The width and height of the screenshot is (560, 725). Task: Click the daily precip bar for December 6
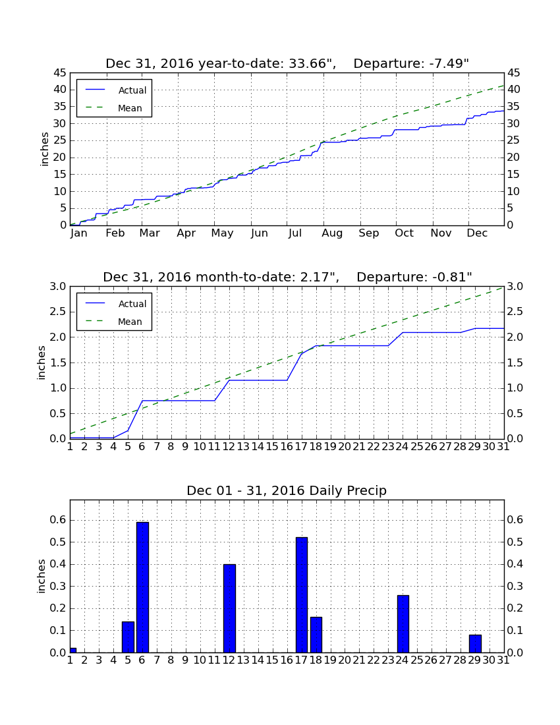[x=142, y=587]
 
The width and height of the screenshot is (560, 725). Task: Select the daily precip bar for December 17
[x=301, y=595]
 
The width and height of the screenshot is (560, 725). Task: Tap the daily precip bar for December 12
[x=229, y=608]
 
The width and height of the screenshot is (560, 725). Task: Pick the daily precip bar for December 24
[x=403, y=623]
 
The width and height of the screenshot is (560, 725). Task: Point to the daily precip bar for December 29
[x=475, y=644]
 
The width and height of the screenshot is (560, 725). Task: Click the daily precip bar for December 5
[x=128, y=637]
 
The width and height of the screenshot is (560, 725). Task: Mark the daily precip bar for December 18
[x=316, y=635]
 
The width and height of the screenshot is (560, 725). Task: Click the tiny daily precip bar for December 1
[x=73, y=650]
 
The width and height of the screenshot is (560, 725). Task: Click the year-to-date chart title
[x=287, y=63]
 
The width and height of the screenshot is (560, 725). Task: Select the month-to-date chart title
[x=287, y=277]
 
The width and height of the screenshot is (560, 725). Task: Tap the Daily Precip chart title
[x=287, y=490]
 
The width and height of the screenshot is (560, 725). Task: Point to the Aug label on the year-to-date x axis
[x=332, y=233]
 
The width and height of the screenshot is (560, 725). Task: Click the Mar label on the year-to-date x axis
[x=150, y=233]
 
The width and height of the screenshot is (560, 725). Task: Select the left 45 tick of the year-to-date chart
[x=61, y=72]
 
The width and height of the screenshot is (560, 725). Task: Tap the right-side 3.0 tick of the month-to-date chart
[x=515, y=287]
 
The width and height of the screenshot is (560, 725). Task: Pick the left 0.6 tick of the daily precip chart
[x=58, y=520]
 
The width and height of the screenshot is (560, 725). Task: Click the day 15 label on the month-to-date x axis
[x=272, y=447]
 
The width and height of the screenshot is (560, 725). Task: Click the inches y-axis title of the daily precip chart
[x=42, y=576]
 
